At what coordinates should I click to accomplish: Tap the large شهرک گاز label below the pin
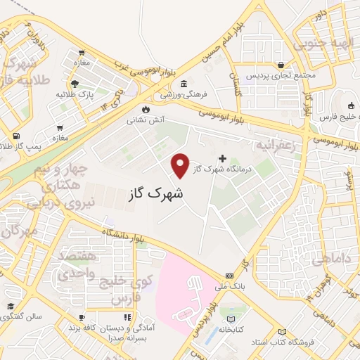tap(155, 193)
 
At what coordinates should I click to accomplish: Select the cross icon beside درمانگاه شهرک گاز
tap(224, 158)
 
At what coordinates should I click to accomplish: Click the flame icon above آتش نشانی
tap(146, 110)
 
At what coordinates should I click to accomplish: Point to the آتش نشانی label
tap(145, 120)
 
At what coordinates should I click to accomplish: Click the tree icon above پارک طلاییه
tap(82, 84)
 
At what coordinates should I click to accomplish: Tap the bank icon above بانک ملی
tap(230, 275)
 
